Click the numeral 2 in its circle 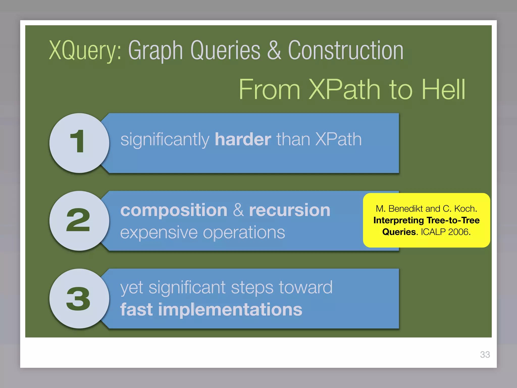point(78,220)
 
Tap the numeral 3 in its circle point(78,299)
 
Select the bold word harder point(243,139)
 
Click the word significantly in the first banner point(165,140)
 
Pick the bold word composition point(174,210)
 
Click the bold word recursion point(290,210)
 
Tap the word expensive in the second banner point(159,233)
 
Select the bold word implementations point(230,310)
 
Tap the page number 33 point(485,355)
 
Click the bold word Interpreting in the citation point(399,221)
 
